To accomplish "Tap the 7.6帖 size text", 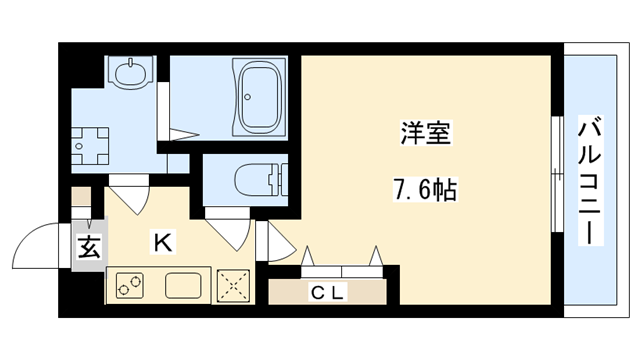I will coord(425,189).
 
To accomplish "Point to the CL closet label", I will coord(326,292).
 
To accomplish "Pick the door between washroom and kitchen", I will coord(128,192).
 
